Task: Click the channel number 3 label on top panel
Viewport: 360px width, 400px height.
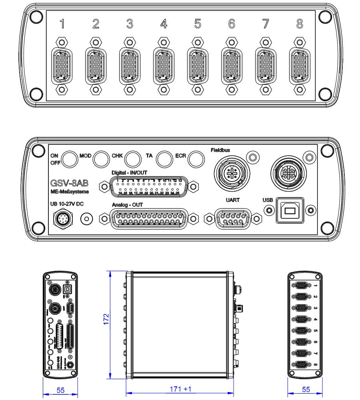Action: [x=129, y=24]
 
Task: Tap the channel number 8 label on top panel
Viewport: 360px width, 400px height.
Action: [x=300, y=24]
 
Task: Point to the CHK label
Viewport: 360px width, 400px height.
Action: [x=117, y=155]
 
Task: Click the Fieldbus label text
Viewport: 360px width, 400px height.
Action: [x=220, y=150]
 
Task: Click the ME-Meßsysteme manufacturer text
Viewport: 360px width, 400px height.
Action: [x=67, y=192]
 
